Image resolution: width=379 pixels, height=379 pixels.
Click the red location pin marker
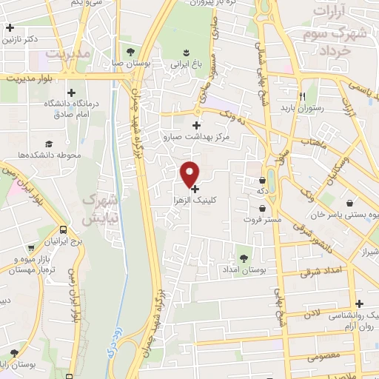click(190, 173)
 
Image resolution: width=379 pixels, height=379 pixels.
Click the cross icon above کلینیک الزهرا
click(195, 189)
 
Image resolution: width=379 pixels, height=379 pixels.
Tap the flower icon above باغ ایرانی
click(186, 53)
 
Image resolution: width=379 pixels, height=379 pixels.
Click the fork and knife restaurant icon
click(302, 96)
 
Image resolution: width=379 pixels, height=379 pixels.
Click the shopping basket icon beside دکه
click(263, 180)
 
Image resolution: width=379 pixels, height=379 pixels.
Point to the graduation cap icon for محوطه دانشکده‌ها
click(49, 144)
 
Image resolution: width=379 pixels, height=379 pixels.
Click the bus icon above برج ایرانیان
click(64, 229)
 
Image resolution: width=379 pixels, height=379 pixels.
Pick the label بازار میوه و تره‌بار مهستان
click(33, 264)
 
